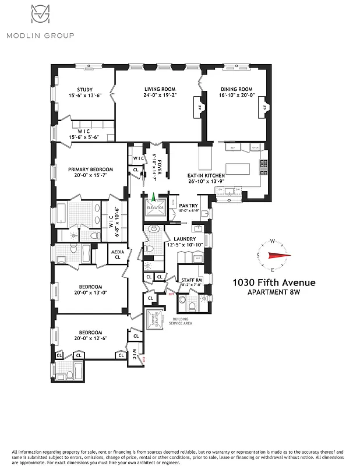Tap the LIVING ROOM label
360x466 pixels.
tap(160, 89)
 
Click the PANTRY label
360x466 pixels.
tap(189, 206)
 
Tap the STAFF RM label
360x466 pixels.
tap(191, 280)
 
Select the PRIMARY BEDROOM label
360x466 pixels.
tap(90, 170)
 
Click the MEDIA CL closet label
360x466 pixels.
tap(117, 253)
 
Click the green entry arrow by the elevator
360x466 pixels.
tap(154, 198)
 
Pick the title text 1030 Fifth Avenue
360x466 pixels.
tap(274, 283)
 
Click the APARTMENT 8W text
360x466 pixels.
tap(274, 292)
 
